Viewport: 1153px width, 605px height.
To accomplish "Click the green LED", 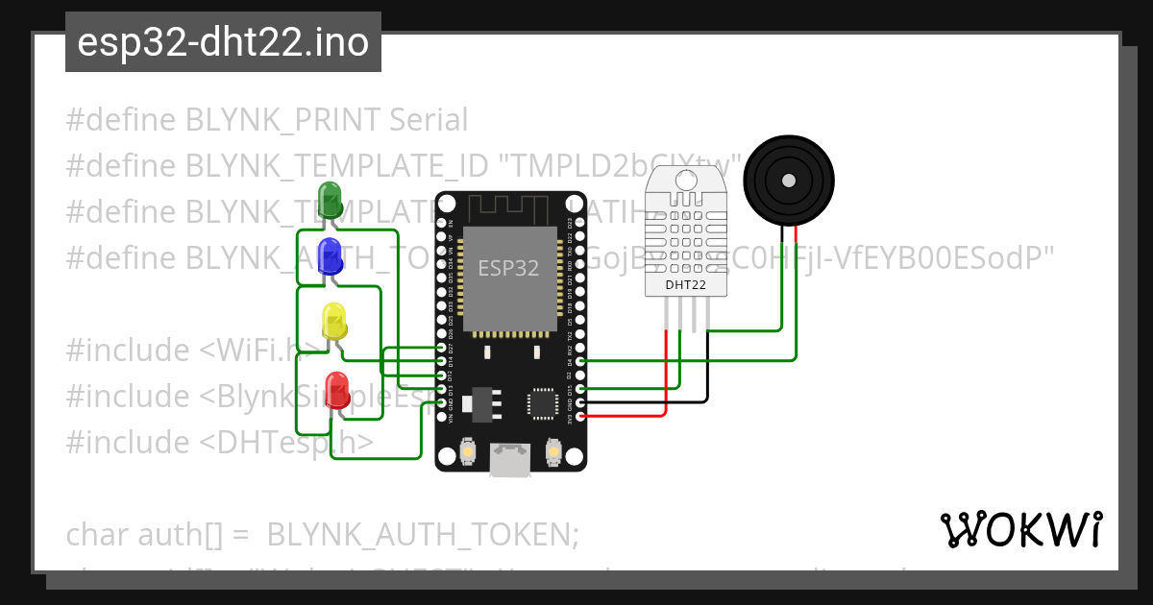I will pyautogui.click(x=330, y=199).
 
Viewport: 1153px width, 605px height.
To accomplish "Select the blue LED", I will pyautogui.click(x=330, y=255).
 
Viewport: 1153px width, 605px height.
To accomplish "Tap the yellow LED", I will pyautogui.click(x=333, y=321).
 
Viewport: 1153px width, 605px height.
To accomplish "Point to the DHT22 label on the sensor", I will pyautogui.click(x=686, y=284).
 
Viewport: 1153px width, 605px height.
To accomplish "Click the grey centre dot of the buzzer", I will pyautogui.click(x=788, y=180).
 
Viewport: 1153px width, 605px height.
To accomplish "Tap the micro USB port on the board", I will pyautogui.click(x=510, y=460).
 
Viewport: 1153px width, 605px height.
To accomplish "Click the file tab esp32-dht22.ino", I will pyautogui.click(x=223, y=42).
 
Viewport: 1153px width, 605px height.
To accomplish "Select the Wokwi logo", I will pyautogui.click(x=1020, y=529).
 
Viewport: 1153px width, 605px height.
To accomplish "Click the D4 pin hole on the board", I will pyautogui.click(x=580, y=361).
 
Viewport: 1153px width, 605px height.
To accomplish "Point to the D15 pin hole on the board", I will pyautogui.click(x=580, y=389).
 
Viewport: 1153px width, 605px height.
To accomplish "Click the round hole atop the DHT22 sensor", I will pyautogui.click(x=686, y=180).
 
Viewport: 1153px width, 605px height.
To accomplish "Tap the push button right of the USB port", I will pyautogui.click(x=553, y=450).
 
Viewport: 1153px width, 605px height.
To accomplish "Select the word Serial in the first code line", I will pyautogui.click(x=429, y=120).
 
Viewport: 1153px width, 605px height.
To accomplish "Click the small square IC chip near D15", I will pyautogui.click(x=541, y=403).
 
